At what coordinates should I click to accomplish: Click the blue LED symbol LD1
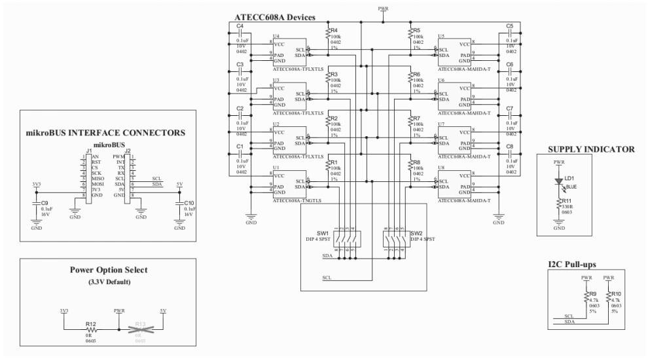tap(559, 181)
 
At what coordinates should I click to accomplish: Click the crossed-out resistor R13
tap(139, 329)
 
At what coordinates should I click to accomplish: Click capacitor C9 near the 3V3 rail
tap(36, 204)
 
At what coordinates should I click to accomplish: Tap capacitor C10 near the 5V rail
tap(180, 204)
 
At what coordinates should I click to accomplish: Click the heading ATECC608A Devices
tap(274, 17)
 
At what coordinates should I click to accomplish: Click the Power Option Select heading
tap(108, 270)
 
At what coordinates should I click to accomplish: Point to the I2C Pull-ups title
tap(577, 264)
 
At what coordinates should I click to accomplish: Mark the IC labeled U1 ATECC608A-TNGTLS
tap(289, 184)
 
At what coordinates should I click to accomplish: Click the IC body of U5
tap(454, 50)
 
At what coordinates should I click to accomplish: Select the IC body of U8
tap(454, 184)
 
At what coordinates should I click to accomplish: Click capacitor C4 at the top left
tap(240, 34)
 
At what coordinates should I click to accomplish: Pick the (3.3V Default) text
tap(108, 282)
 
